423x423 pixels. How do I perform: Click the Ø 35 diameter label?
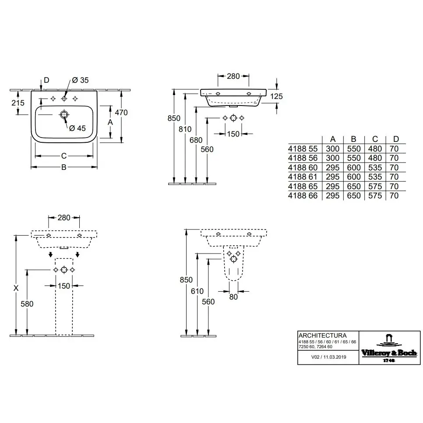[80, 80]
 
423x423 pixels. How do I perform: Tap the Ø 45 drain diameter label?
[78, 128]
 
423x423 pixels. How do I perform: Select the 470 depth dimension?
[121, 113]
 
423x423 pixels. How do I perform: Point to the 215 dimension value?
[18, 103]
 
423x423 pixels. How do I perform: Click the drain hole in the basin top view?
[64, 115]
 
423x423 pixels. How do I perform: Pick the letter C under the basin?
[63, 156]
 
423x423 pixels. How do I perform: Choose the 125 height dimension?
[276, 96]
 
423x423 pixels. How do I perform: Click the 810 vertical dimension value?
[185, 129]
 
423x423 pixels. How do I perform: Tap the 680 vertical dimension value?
[196, 140]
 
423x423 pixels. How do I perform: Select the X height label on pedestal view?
[16, 288]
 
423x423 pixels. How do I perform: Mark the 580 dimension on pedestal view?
[27, 304]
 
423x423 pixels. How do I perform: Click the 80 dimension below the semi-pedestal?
[233, 297]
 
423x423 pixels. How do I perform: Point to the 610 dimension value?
[197, 291]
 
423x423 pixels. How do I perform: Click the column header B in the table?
[354, 139]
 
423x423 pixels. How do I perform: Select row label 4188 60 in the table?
[303, 168]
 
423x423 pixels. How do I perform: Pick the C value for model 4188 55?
[375, 149]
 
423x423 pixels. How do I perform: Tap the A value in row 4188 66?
[333, 196]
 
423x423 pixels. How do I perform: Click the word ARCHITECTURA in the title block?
[322, 335]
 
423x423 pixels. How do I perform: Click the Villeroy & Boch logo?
[389, 348]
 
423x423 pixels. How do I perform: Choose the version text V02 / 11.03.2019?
[328, 357]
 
